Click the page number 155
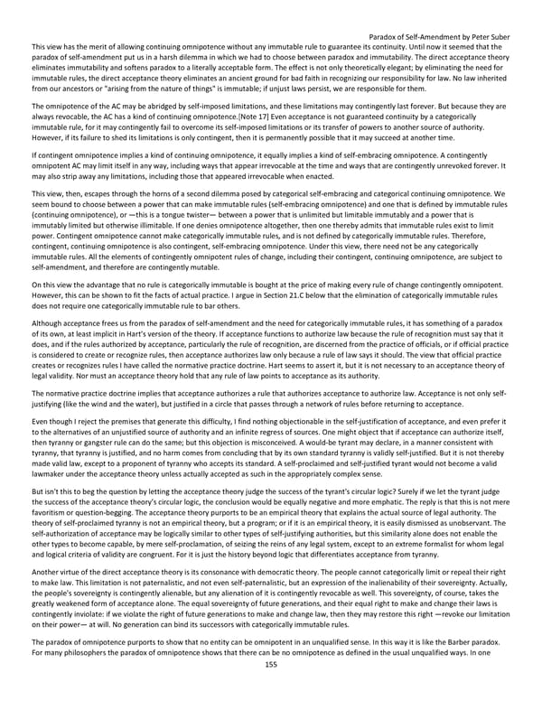click(270, 689)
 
